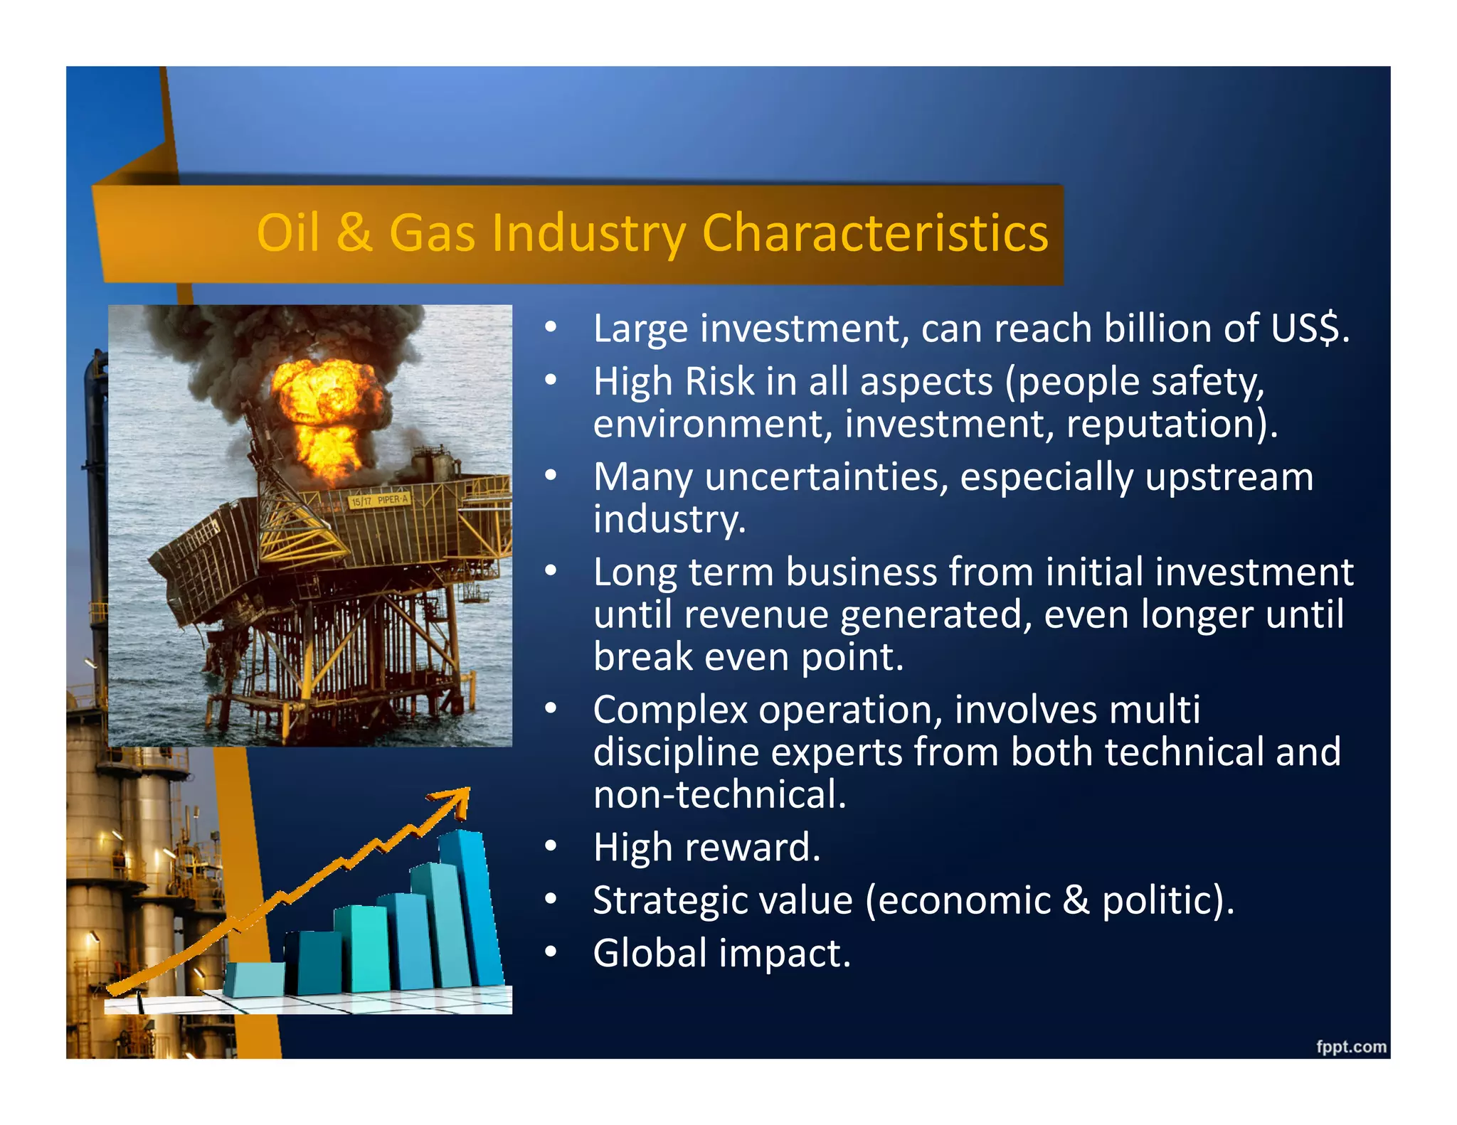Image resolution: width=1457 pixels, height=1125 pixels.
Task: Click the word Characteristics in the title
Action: tap(874, 233)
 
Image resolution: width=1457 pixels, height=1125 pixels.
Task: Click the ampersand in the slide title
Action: tap(354, 233)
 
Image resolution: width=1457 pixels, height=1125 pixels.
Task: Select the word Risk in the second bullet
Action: tap(719, 382)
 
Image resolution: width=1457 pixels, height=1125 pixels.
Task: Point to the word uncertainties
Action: tap(826, 477)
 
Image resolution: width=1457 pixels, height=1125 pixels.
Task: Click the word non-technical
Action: tap(719, 795)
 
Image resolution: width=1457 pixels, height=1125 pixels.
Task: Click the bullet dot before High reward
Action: tap(550, 847)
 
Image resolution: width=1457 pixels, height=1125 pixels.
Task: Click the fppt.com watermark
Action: tap(1350, 1046)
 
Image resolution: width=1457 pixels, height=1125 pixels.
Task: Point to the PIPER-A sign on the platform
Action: tap(379, 500)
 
